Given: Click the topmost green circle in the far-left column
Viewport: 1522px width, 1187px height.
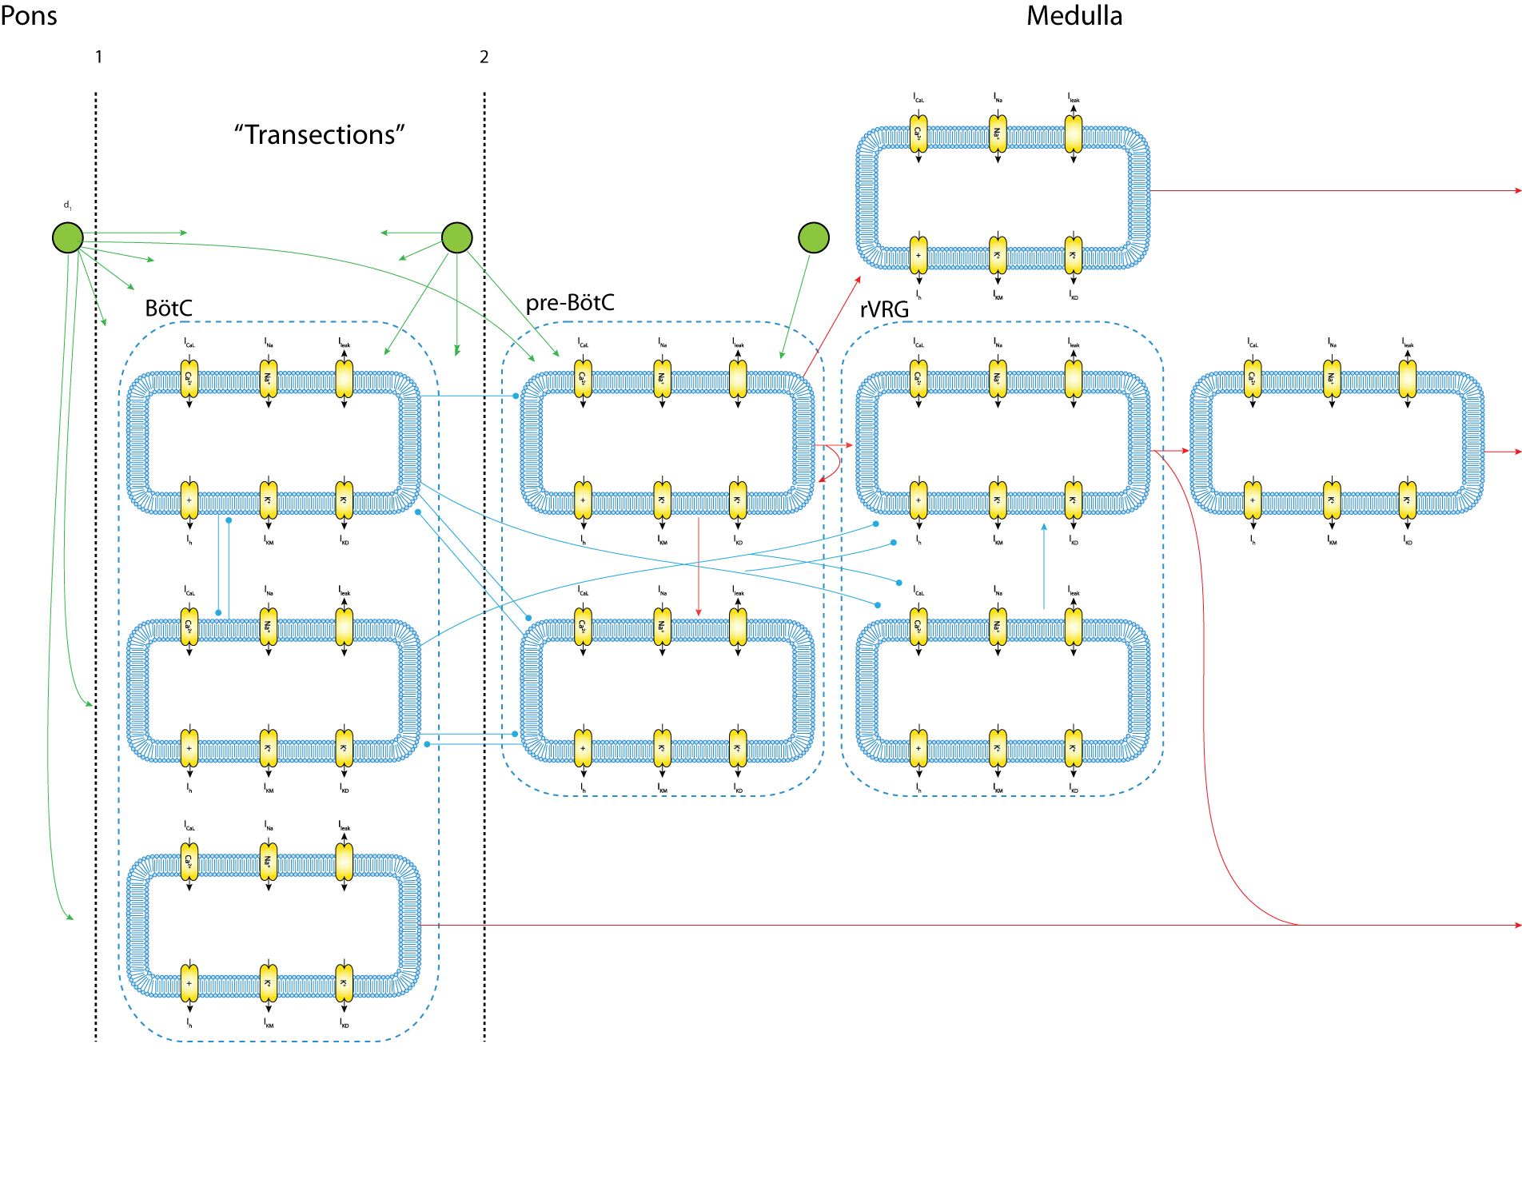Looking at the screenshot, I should tap(68, 237).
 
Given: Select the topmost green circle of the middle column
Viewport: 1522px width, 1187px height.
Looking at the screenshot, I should tap(456, 237).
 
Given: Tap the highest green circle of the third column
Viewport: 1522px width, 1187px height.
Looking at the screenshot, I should tap(813, 237).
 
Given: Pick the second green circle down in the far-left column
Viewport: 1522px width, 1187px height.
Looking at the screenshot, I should tap(68, 333).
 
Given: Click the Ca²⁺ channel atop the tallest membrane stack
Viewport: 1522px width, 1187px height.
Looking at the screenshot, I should tap(918, 134).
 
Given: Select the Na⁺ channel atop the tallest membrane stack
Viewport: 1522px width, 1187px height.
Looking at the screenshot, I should tap(998, 134).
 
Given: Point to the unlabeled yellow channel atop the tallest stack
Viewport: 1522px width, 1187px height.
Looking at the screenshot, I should tap(1074, 134).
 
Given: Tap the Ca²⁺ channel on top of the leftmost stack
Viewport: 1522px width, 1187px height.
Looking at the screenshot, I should tap(189, 379).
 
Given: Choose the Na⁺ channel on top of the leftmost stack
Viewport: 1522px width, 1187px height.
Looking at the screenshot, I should tap(269, 379).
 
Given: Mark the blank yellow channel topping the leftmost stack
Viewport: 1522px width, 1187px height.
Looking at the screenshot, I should tap(345, 379).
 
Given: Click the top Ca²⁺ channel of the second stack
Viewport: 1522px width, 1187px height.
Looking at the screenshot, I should tap(583, 379).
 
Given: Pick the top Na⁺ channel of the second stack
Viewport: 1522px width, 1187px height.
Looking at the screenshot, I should tap(662, 379).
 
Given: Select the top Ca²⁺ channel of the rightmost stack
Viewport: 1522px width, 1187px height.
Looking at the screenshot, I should tap(1253, 379).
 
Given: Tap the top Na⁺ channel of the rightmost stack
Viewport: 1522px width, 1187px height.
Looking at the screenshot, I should tap(1332, 379).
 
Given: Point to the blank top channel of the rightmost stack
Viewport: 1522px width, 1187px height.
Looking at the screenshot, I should tap(1408, 379).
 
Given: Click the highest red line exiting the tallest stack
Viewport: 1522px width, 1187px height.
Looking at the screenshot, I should tap(1335, 191).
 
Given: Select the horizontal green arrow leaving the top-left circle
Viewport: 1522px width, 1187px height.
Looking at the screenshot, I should tap(136, 233).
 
